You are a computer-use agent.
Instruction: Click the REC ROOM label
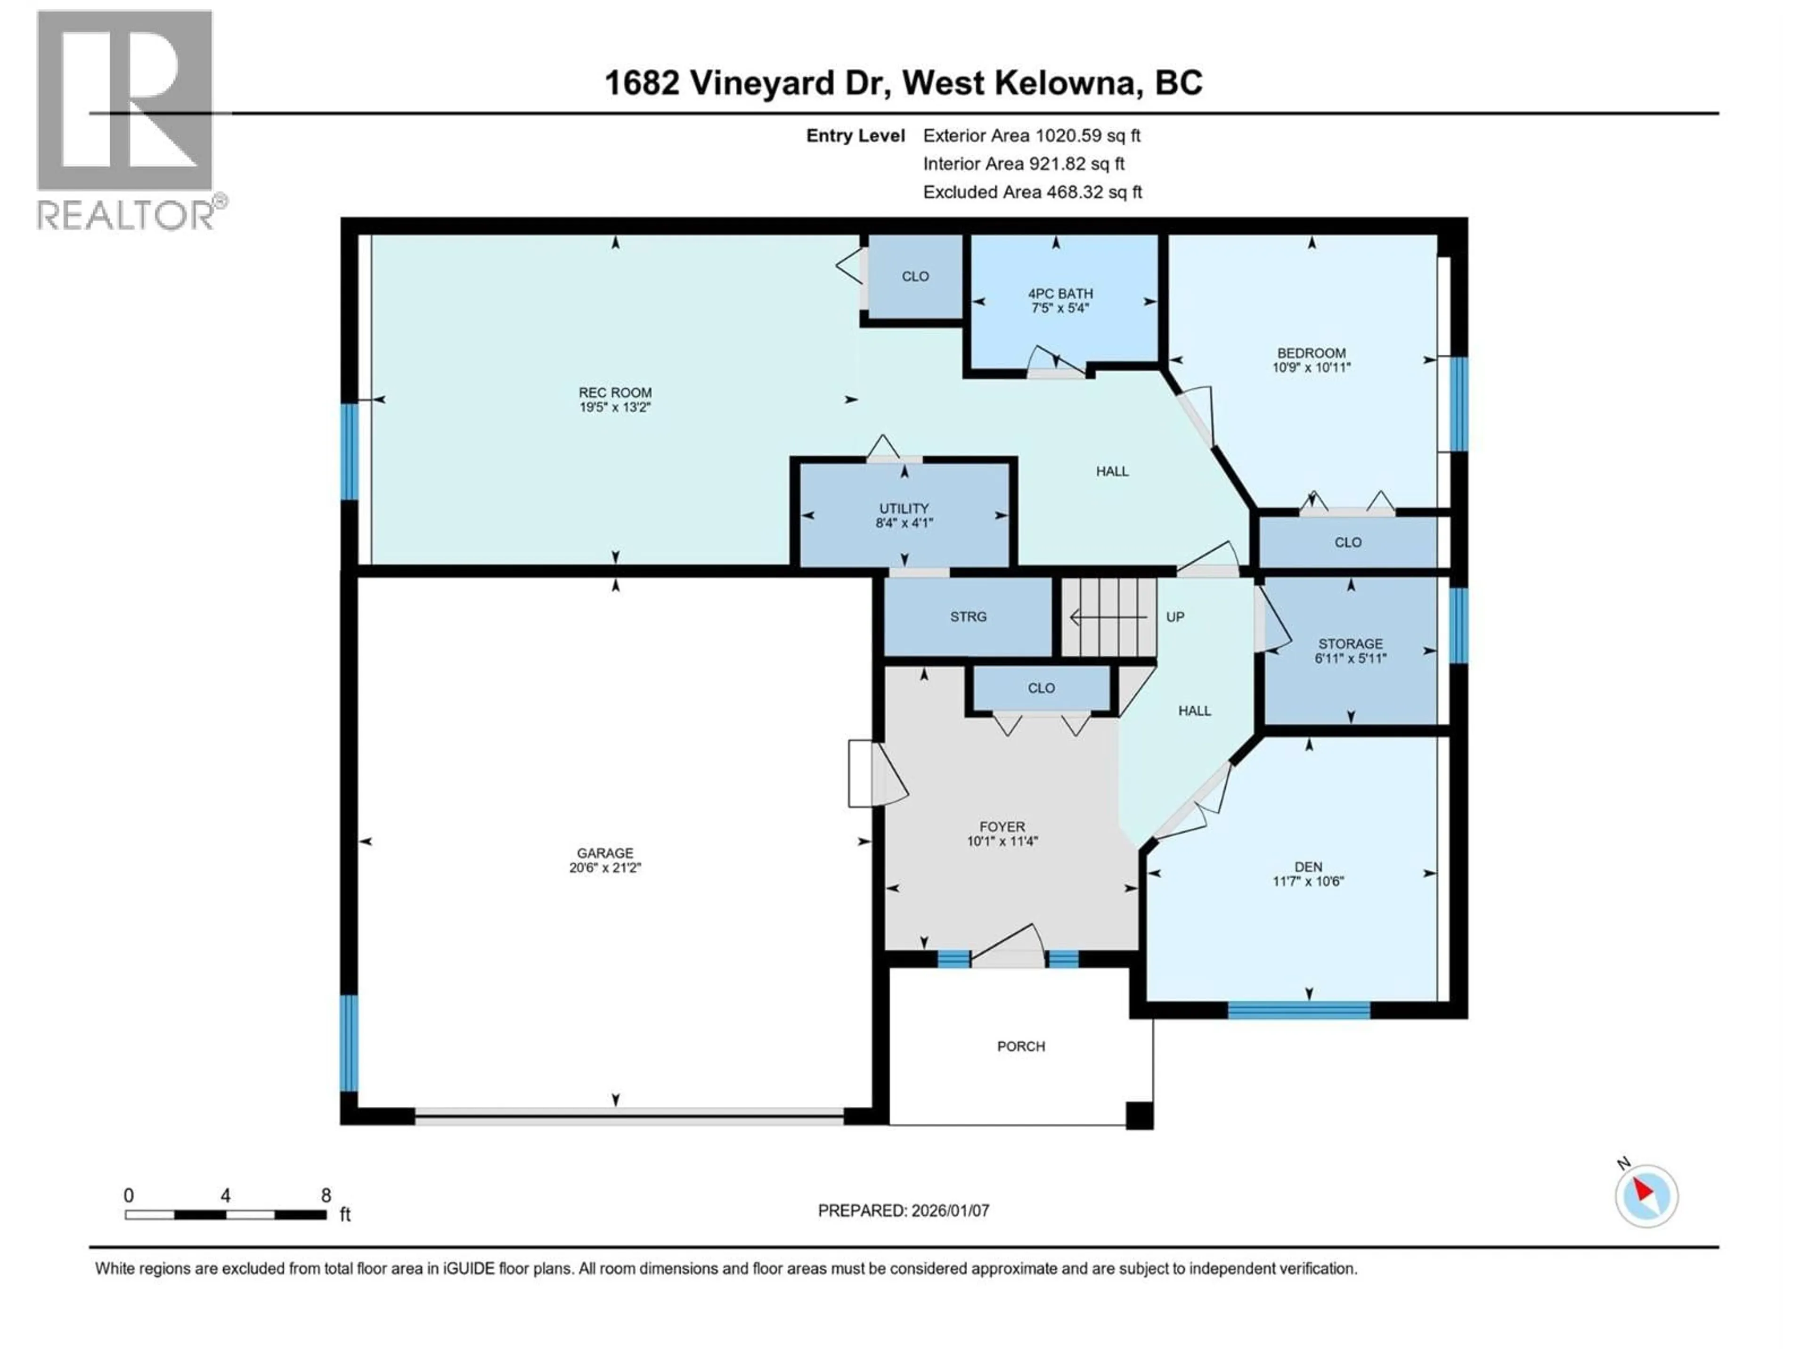tap(615, 392)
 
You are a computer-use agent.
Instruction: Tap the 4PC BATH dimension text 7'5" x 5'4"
tap(1060, 308)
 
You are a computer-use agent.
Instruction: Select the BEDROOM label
tap(1311, 353)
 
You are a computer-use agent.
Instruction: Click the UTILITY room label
tap(904, 508)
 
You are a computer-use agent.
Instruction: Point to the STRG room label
tap(968, 617)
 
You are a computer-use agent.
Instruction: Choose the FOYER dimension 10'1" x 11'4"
tap(1002, 841)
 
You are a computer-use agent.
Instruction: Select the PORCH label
tap(1021, 1046)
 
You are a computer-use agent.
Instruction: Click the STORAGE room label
tap(1350, 644)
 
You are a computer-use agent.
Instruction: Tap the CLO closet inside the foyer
tap(1041, 688)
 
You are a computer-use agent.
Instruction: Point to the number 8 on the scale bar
tap(326, 1196)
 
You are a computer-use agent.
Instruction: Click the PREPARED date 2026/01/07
tap(903, 1210)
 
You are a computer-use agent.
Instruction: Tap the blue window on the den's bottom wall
tap(1299, 1009)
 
